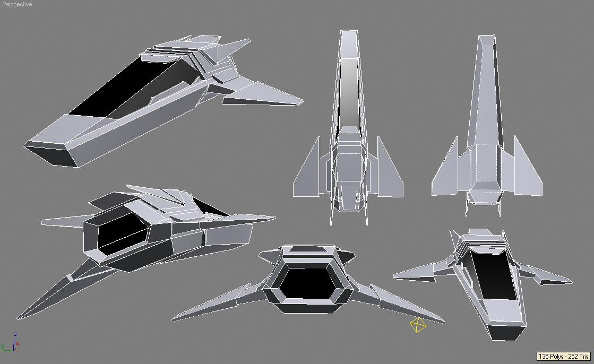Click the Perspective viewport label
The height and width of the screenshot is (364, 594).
click(x=17, y=4)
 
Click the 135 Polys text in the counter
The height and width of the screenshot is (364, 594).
click(x=550, y=357)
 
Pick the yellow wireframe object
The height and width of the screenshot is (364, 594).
click(x=418, y=325)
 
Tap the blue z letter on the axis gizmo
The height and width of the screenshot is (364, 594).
click(x=15, y=334)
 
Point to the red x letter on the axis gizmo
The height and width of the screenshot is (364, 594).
click(x=18, y=344)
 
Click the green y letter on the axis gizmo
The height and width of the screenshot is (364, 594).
click(x=2, y=346)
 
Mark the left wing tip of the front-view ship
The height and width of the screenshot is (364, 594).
click(x=173, y=320)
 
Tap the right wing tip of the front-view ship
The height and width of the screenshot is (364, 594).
click(x=444, y=322)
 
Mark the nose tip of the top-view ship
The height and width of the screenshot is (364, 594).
click(x=349, y=31)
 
